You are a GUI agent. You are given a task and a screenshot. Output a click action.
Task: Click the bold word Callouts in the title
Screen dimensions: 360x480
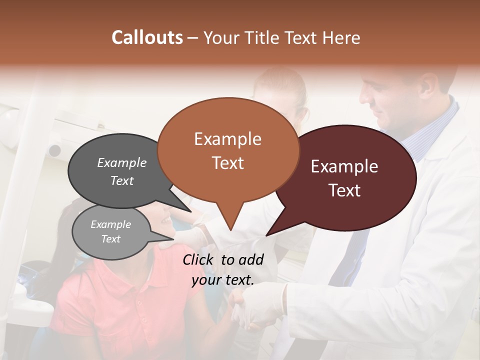(x=147, y=37)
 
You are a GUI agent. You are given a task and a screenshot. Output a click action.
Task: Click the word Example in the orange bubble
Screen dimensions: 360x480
(x=227, y=139)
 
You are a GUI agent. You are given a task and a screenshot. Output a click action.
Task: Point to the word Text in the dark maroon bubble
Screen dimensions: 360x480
(x=345, y=190)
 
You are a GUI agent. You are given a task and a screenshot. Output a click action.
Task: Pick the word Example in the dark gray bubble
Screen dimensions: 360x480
(x=121, y=163)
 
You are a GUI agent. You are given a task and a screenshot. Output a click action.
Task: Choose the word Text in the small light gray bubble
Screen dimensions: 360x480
(x=110, y=239)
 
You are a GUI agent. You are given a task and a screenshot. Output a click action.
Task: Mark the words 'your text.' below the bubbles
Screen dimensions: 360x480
(x=223, y=280)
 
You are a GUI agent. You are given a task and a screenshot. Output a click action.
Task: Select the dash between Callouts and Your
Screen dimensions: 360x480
(x=193, y=38)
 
